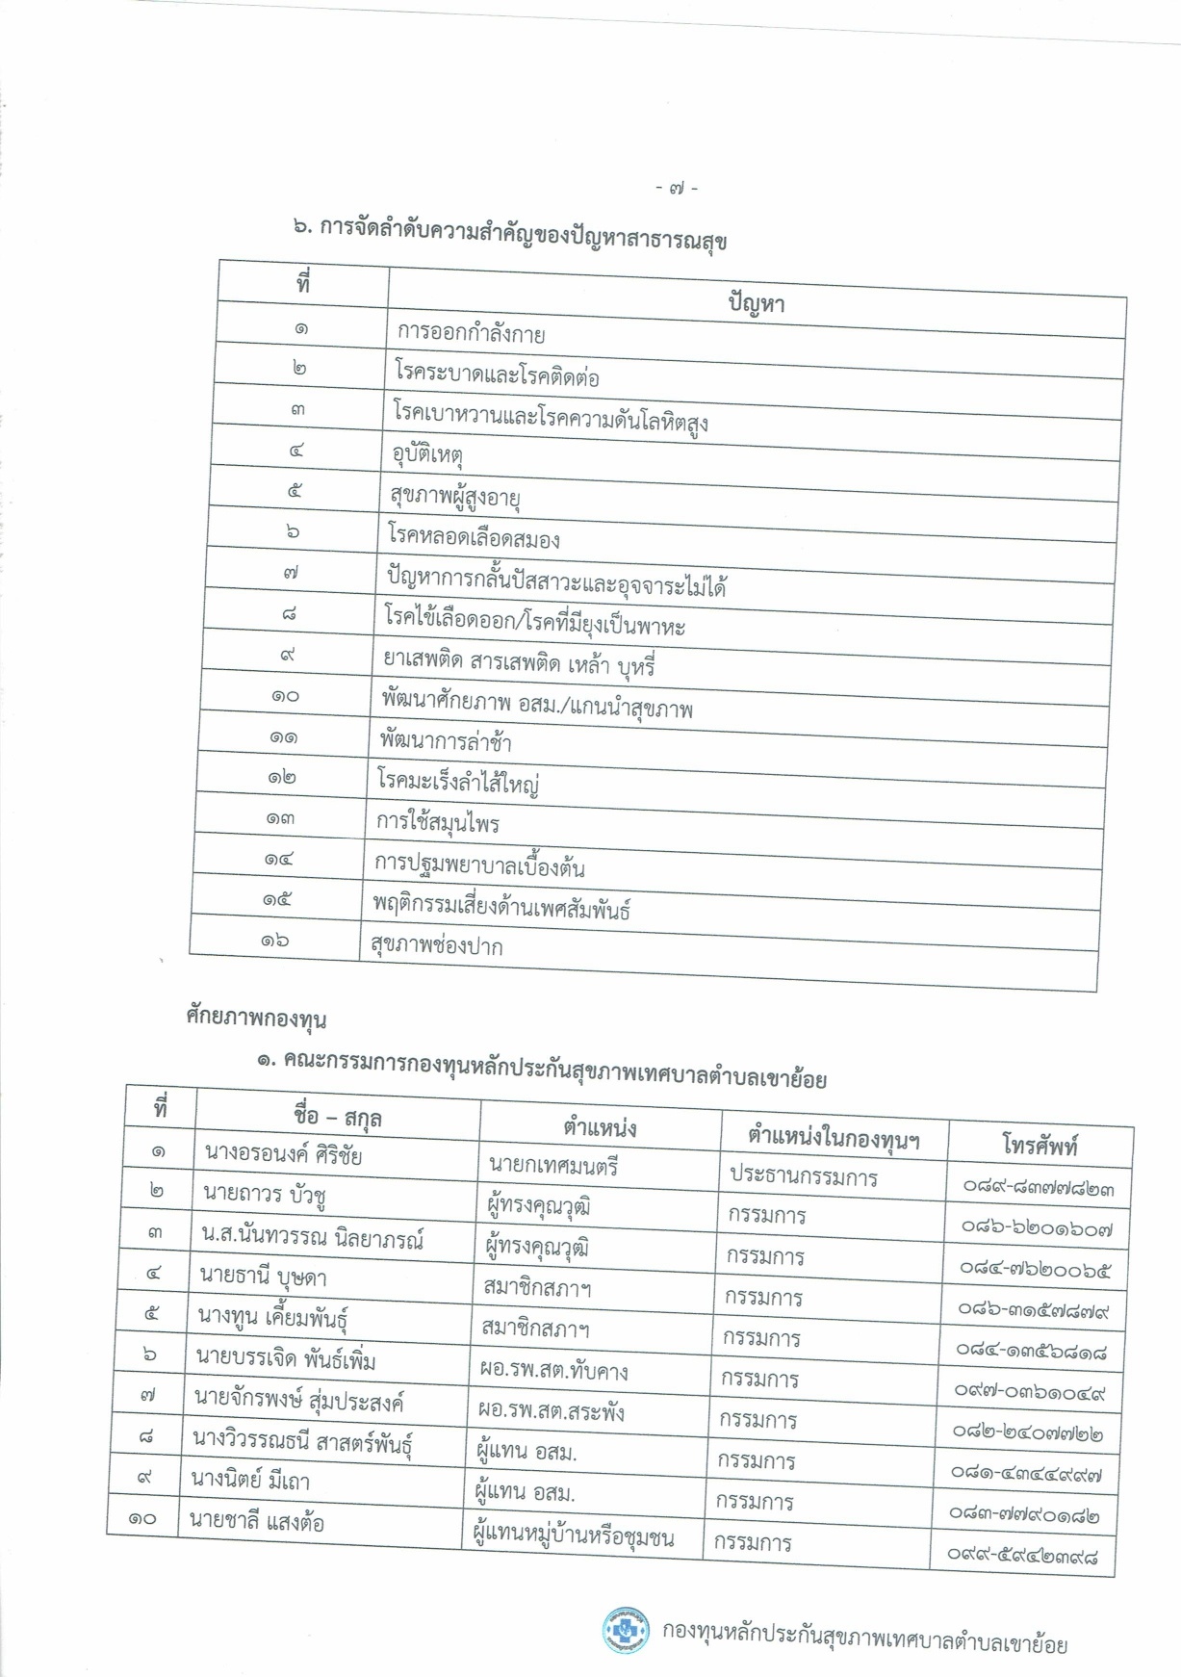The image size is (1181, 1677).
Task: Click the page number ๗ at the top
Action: pos(677,189)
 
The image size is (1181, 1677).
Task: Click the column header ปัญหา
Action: pos(756,303)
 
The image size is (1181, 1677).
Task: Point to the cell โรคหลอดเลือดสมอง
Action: pos(474,537)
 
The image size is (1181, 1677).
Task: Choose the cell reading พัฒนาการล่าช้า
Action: pos(446,741)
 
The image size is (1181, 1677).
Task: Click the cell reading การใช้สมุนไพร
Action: pos(438,823)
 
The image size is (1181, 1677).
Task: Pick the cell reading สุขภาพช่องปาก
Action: pos(437,945)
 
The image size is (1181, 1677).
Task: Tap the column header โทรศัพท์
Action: pos(1040,1145)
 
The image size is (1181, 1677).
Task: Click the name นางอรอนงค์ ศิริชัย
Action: pos(283,1154)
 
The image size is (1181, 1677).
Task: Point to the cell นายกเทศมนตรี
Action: pos(553,1167)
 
